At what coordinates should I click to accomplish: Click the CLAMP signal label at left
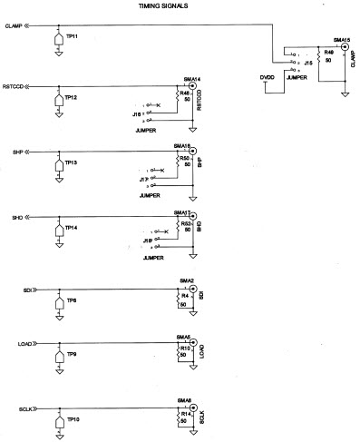click(x=12, y=25)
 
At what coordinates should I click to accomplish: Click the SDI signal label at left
click(x=27, y=290)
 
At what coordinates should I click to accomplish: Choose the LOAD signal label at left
click(x=25, y=346)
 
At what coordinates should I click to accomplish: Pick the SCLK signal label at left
click(x=25, y=410)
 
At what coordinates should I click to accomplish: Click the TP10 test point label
click(x=73, y=421)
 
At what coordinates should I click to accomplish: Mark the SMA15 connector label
click(x=341, y=40)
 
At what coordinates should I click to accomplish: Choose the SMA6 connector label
click(x=183, y=400)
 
